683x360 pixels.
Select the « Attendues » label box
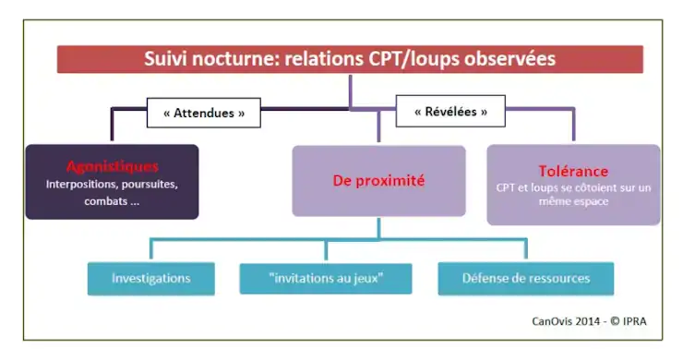[204, 114]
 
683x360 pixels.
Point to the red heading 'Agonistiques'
[112, 167]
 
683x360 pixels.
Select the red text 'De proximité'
[378, 181]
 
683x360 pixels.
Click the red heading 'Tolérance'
[573, 171]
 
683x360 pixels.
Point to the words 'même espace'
[574, 200]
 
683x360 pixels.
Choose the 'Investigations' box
[151, 278]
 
